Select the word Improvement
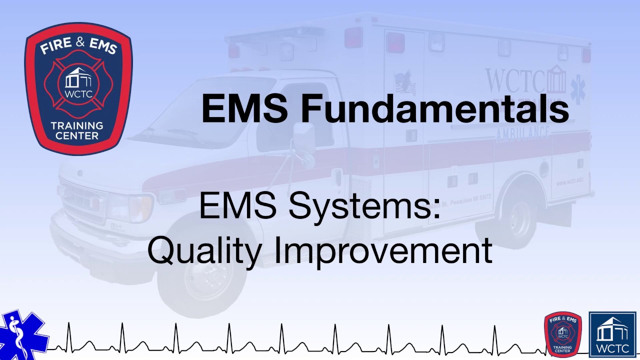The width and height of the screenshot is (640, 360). [383, 250]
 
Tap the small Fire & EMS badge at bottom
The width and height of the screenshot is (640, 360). [563, 333]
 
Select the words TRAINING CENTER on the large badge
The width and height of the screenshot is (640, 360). [78, 130]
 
